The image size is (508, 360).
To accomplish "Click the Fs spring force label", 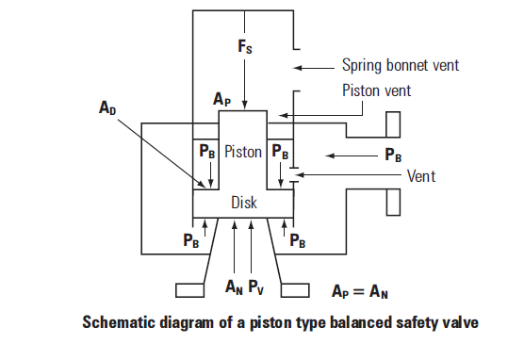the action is [245, 46].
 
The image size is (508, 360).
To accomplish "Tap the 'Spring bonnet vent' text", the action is [401, 66].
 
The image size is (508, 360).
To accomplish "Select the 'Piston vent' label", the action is [376, 90].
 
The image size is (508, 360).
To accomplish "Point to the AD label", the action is [107, 107].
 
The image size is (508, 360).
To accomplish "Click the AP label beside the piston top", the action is [221, 99].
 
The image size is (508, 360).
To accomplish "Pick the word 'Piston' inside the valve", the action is [243, 152].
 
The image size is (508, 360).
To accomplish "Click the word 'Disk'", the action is [244, 203].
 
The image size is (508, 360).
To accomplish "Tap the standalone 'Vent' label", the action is [421, 176].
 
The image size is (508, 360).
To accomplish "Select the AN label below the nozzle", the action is [234, 287].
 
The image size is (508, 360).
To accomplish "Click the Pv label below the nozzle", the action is [256, 287].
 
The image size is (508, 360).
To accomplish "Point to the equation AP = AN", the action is [360, 291].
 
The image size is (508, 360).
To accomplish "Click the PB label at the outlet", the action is [393, 155].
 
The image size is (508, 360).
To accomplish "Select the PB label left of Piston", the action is [207, 151].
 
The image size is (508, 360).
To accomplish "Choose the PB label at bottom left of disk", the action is [190, 240].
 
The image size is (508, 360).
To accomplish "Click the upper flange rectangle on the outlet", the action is [393, 124].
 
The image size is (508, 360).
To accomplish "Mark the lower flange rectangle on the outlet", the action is [393, 203].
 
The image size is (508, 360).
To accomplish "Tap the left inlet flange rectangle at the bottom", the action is [189, 290].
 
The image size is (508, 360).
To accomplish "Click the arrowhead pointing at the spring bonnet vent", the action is [297, 68].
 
